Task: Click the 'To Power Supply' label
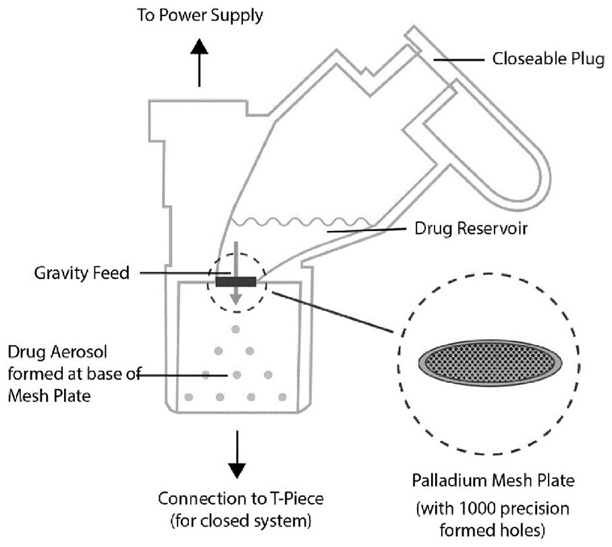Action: tap(200, 16)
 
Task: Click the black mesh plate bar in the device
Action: tap(235, 282)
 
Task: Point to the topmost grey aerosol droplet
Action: tap(235, 330)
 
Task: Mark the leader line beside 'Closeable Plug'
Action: tap(459, 60)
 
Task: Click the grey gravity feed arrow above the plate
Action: tap(235, 260)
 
